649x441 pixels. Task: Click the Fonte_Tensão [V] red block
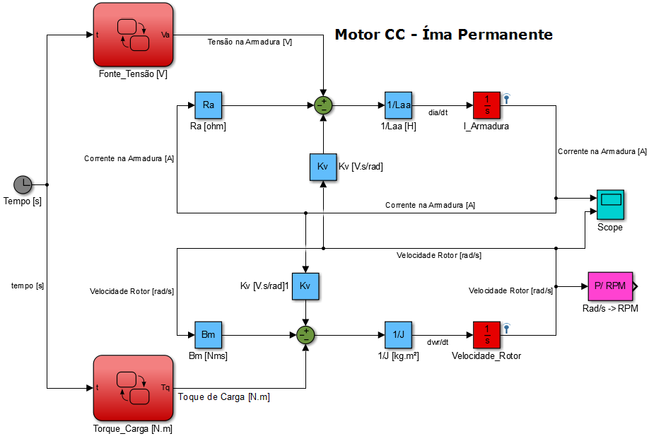(x=133, y=35)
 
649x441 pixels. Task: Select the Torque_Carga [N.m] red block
(x=133, y=387)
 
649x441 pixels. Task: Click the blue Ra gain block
(x=208, y=105)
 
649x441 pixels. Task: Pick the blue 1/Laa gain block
(x=398, y=105)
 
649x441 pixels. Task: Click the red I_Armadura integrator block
(x=486, y=105)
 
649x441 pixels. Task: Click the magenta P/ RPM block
(x=609, y=286)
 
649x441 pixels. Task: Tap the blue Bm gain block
(x=208, y=334)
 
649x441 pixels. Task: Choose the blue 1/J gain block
(x=398, y=334)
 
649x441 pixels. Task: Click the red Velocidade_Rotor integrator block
(x=486, y=334)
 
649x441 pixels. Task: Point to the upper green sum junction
(x=323, y=105)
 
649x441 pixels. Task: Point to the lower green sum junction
(x=305, y=334)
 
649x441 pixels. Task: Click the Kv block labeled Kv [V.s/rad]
(x=323, y=167)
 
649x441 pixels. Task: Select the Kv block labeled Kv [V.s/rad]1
(x=305, y=286)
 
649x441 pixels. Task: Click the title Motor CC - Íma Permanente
(x=443, y=34)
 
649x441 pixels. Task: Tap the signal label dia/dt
(x=438, y=112)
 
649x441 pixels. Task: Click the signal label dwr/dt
(x=438, y=341)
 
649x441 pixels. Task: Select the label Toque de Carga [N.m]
(x=224, y=397)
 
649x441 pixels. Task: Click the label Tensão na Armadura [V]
(x=250, y=42)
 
